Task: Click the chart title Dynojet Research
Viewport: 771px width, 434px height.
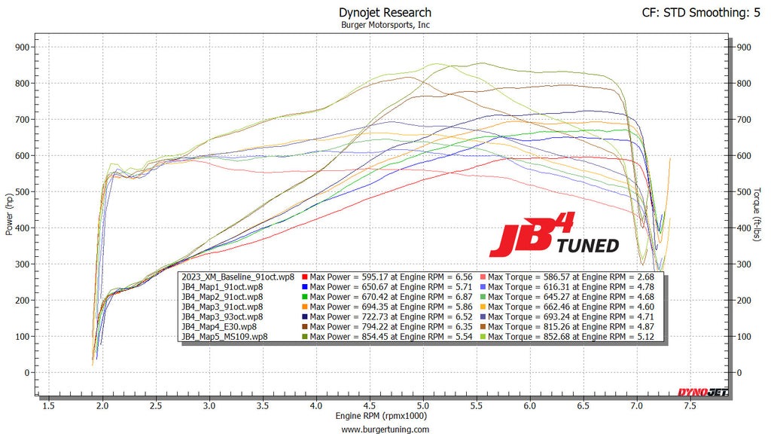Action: click(385, 12)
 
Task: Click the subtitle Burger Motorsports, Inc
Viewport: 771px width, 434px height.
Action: click(385, 25)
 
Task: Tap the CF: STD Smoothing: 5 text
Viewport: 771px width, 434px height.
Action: click(700, 12)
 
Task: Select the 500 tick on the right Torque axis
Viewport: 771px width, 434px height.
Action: click(744, 191)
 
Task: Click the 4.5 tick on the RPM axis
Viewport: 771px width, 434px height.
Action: click(370, 406)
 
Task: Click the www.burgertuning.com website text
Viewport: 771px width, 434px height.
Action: click(385, 429)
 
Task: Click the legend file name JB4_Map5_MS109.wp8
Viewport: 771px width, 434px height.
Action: click(224, 336)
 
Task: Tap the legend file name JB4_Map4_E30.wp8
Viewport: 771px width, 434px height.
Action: click(218, 326)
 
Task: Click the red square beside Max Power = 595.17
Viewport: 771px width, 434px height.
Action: click(303, 277)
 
